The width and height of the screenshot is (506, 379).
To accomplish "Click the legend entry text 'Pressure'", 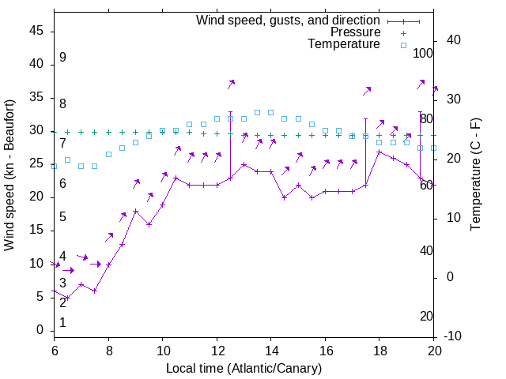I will coord(355,32).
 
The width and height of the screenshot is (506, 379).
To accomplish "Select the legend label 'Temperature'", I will coord(344,44).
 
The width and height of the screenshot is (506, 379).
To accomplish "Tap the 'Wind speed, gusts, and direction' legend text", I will coord(289,21).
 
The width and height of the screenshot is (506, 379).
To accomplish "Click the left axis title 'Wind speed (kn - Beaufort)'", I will coord(9,175).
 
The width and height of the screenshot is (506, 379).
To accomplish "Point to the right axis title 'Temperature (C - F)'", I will coord(475,175).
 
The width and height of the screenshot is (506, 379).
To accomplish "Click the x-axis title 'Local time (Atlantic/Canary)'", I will coord(244,368).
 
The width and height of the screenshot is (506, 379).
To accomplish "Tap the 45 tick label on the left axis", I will coord(36,31).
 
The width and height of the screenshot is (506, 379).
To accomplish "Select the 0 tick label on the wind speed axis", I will coord(40,330).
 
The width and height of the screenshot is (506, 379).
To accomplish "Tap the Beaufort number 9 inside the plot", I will coord(62,58).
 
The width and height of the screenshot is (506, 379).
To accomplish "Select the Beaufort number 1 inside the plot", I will coord(62,322).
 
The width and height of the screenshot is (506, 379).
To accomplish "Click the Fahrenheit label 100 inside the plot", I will coord(424,53).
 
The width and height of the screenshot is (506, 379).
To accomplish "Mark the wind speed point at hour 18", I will coord(379,152).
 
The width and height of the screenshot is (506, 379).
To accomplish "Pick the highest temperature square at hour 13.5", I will coord(257,112).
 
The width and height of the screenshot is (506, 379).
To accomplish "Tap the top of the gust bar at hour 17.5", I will coord(366,118).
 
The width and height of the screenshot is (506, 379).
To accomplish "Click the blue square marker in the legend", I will coord(403,45).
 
